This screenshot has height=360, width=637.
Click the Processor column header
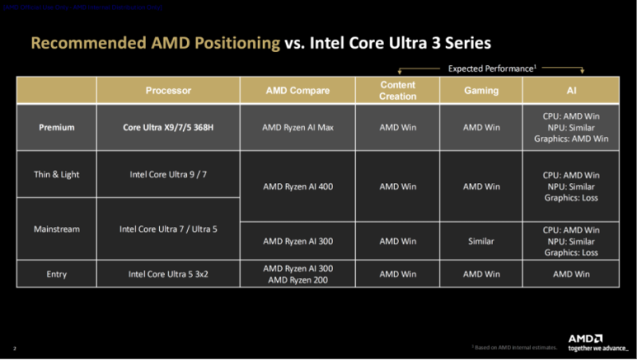point(168,91)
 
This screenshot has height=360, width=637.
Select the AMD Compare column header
point(298,91)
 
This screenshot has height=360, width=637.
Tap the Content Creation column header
point(398,91)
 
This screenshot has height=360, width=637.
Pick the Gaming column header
point(481,91)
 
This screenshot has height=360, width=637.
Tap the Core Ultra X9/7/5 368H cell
point(168,127)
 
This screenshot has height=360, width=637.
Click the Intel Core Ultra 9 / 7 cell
point(168,174)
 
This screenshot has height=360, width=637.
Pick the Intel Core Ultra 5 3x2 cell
point(168,274)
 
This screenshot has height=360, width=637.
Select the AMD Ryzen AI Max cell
point(298,127)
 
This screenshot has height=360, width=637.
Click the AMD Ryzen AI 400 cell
point(298,186)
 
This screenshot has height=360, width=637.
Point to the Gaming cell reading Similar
point(481,241)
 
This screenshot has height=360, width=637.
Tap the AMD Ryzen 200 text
point(298,280)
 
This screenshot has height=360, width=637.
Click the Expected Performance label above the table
point(491,68)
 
